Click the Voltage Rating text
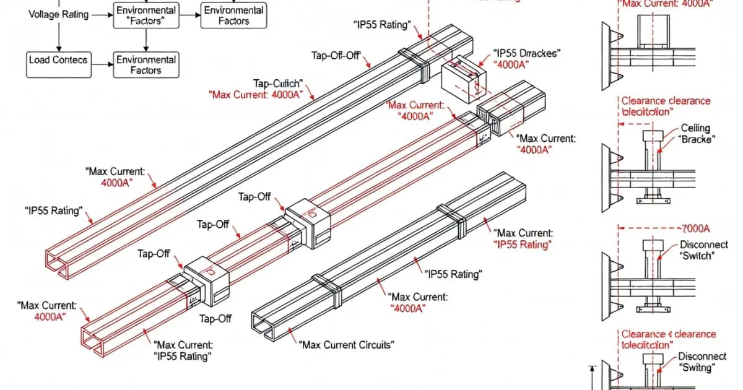tap(58, 14)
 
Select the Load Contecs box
tap(58, 61)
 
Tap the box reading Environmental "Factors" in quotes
tap(146, 16)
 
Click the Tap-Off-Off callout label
tap(336, 56)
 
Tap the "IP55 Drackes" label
tap(526, 54)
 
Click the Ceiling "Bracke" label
tap(695, 134)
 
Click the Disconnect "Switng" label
tap(702, 362)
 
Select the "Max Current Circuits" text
tap(346, 345)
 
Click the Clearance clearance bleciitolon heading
tap(666, 106)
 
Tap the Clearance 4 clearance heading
tap(668, 339)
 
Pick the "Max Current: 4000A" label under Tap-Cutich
tap(256, 95)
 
